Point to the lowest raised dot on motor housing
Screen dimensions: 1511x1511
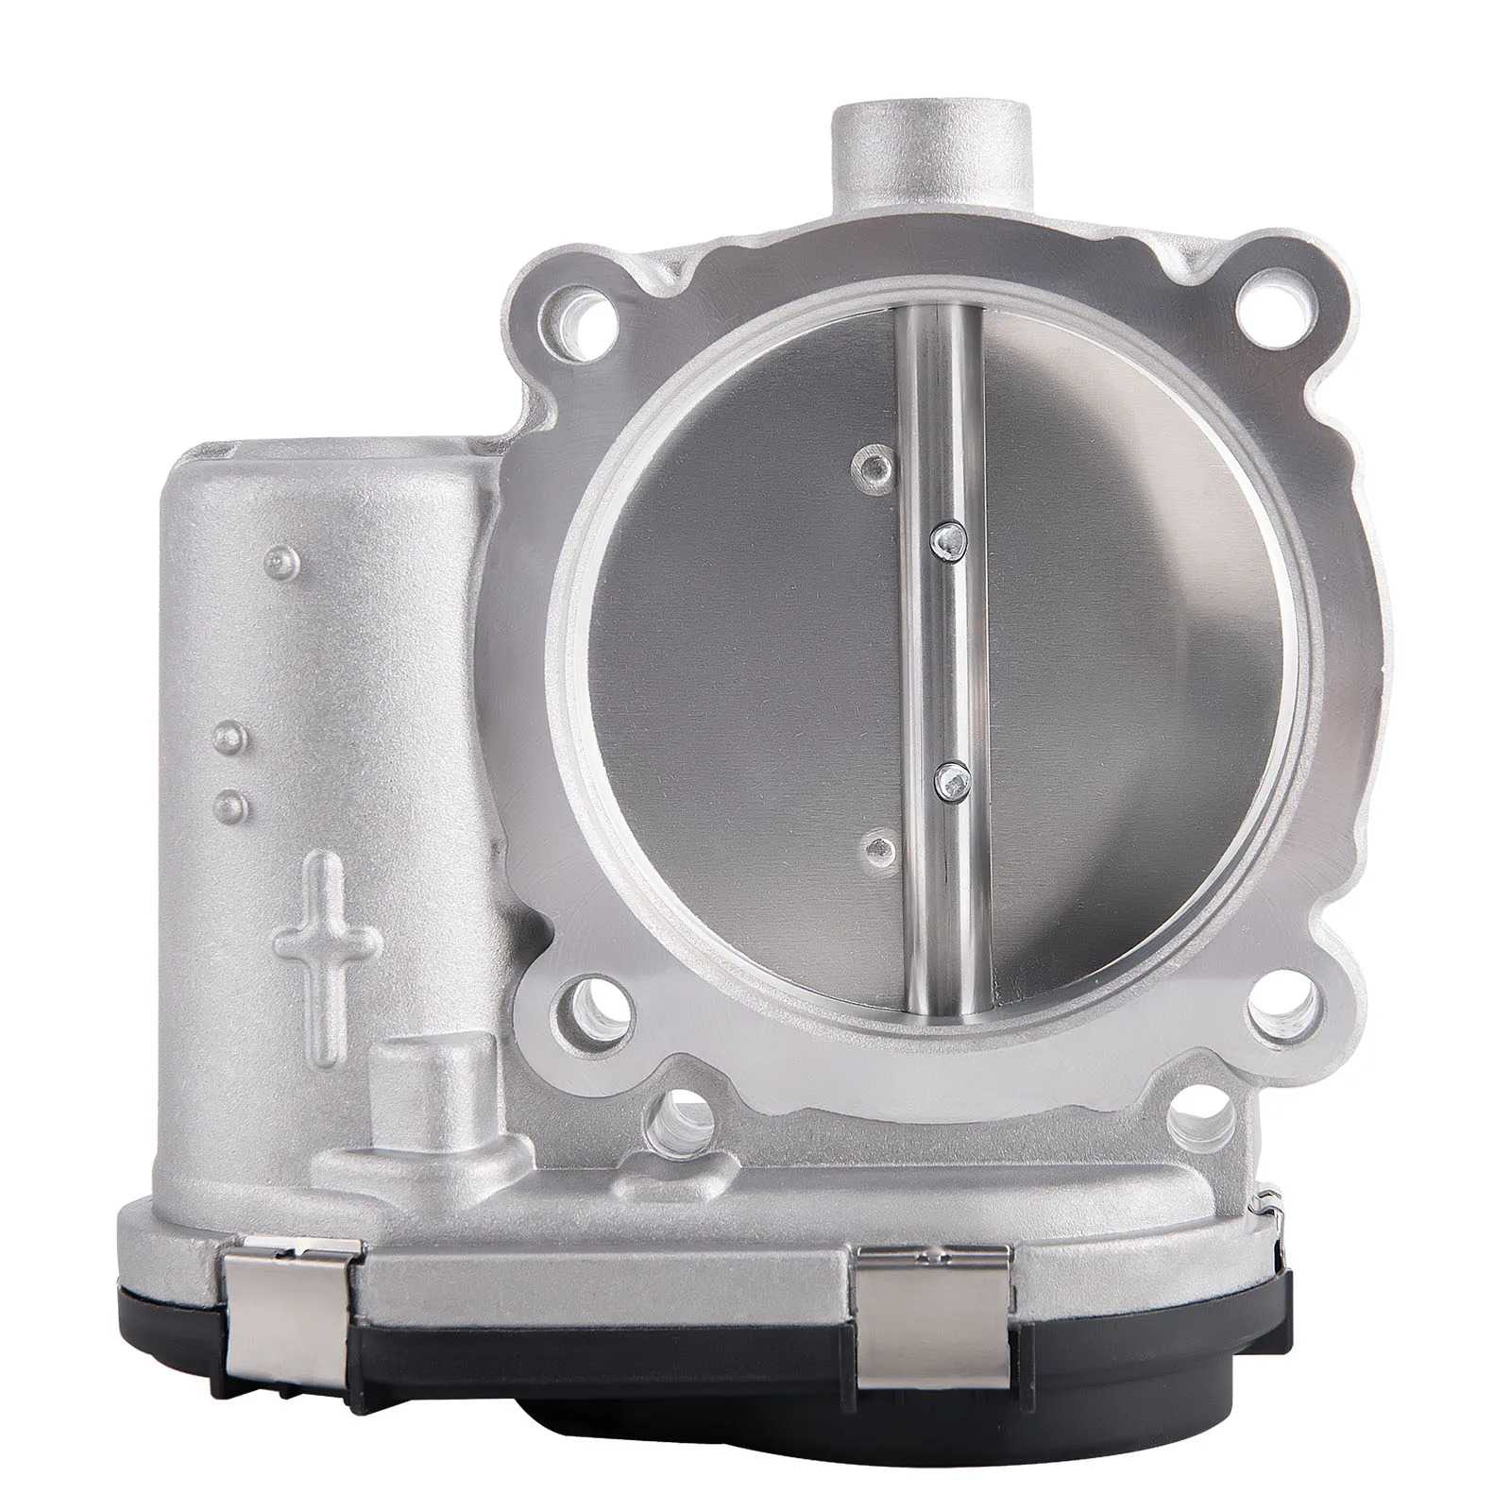(x=230, y=806)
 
